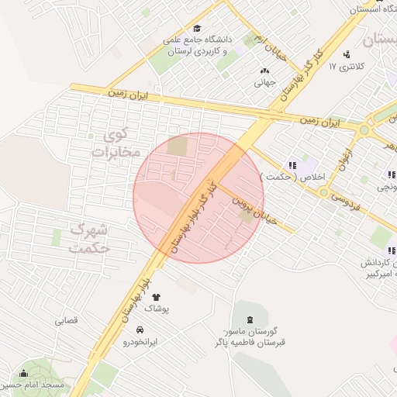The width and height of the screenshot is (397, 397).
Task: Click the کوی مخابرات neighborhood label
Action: pyautogui.click(x=116, y=142)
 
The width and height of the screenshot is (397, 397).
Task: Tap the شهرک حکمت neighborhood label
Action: pyautogui.click(x=90, y=239)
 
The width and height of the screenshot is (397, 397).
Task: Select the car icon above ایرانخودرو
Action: pyautogui.click(x=139, y=329)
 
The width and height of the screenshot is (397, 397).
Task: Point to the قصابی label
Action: pyautogui.click(x=66, y=320)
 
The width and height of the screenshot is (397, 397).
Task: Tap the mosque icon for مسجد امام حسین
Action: pyautogui.click(x=23, y=373)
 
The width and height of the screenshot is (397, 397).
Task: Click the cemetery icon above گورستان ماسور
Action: pyautogui.click(x=250, y=319)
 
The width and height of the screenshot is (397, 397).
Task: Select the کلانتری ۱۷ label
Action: pyautogui.click(x=346, y=67)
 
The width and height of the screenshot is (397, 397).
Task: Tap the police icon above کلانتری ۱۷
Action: pyautogui.click(x=346, y=54)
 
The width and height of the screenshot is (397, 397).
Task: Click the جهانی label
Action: pyautogui.click(x=265, y=83)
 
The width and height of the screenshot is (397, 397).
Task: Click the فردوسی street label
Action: pyautogui.click(x=344, y=196)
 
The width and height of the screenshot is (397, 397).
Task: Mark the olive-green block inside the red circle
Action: pyautogui.click(x=178, y=146)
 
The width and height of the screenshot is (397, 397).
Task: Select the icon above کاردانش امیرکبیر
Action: pyautogui.click(x=391, y=250)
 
